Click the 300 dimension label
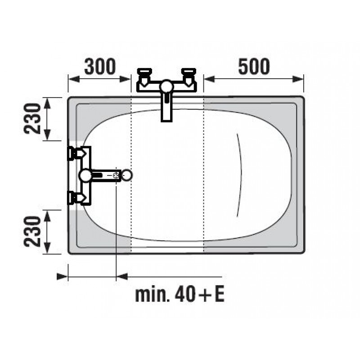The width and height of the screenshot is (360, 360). tap(100, 66)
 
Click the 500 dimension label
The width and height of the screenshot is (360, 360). tap(254, 66)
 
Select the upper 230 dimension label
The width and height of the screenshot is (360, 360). tap(32, 118)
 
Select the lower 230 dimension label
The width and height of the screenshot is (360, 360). tap(32, 231)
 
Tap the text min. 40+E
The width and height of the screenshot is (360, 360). tap(180, 295)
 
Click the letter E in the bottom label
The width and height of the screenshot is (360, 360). tap(219, 295)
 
